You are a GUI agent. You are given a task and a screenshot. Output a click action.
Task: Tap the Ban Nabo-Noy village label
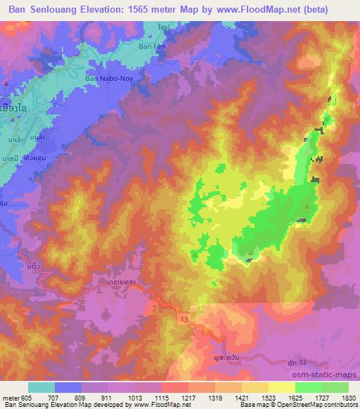coord(108,79)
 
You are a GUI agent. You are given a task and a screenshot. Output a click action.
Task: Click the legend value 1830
coord(348,398)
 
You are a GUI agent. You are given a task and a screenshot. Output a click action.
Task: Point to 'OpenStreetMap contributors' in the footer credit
coord(320,405)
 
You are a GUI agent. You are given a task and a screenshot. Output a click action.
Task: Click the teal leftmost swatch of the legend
coord(41,387)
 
